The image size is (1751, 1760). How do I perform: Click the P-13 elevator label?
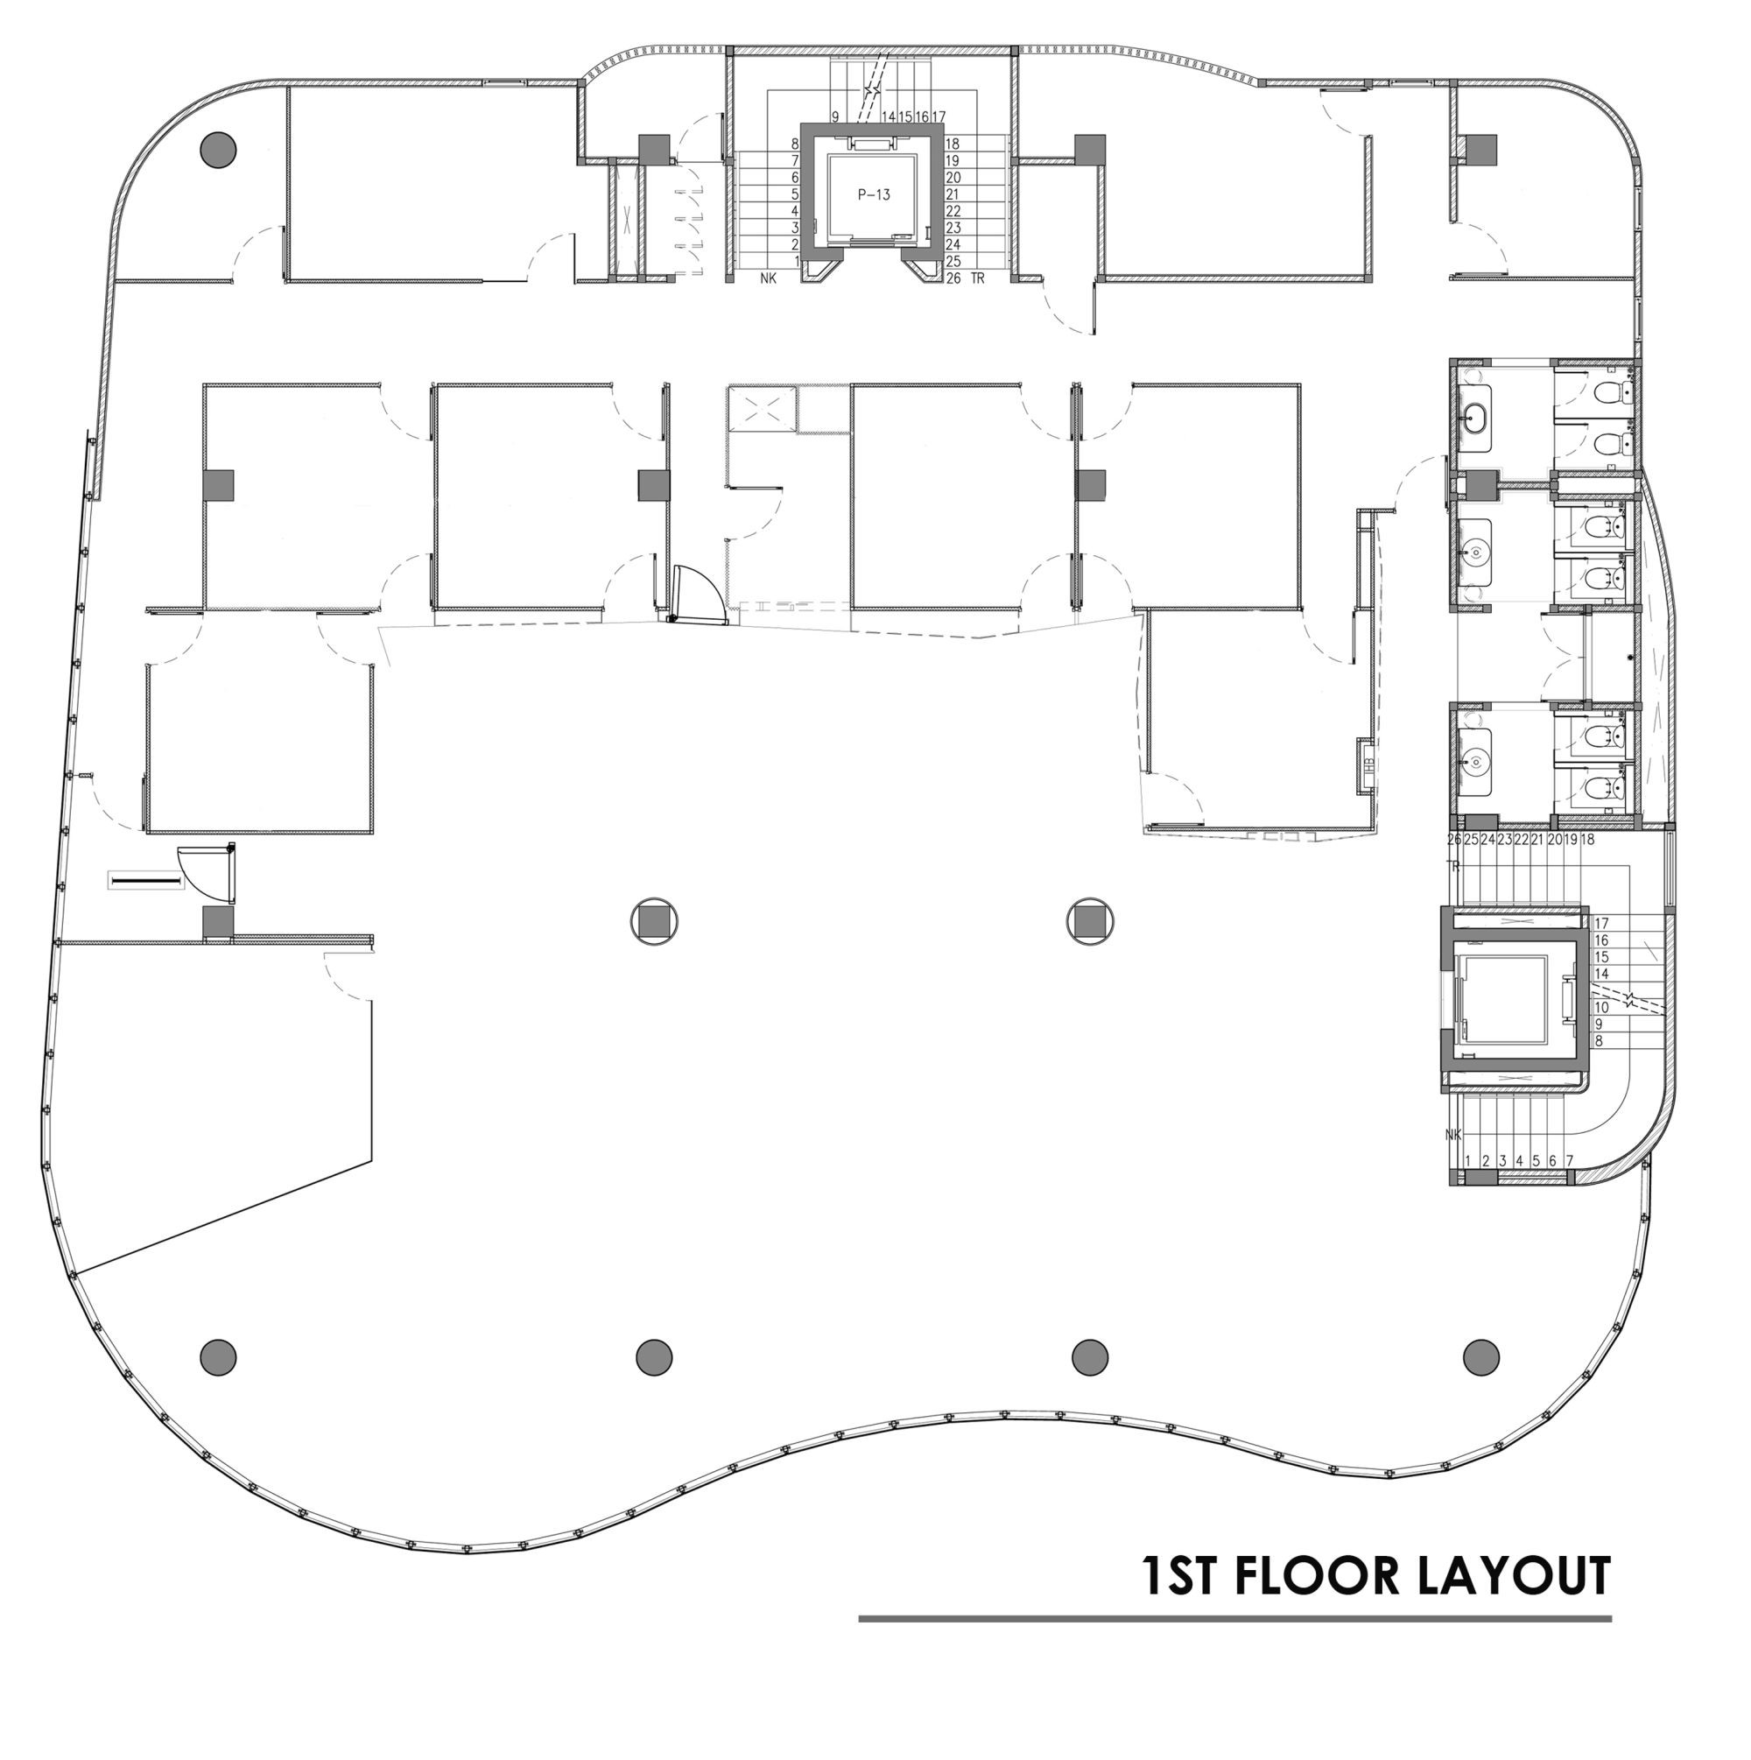click(x=873, y=194)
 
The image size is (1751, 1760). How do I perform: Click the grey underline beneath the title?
click(x=1234, y=1619)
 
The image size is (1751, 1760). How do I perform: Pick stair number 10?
click(x=1602, y=1008)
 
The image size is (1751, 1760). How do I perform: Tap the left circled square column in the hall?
click(x=654, y=922)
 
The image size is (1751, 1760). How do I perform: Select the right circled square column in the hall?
click(x=1090, y=922)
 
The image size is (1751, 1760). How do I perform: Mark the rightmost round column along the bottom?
click(x=1480, y=1356)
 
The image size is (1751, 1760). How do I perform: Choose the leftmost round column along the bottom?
click(x=218, y=1356)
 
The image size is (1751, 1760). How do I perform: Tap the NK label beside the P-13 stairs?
click(x=769, y=278)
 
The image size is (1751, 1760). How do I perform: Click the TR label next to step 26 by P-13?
click(x=978, y=278)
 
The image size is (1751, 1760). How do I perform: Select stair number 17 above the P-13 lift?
click(x=939, y=116)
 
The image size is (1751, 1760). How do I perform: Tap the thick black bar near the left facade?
click(x=144, y=882)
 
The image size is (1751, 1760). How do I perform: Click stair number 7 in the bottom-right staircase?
click(x=1570, y=1160)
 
